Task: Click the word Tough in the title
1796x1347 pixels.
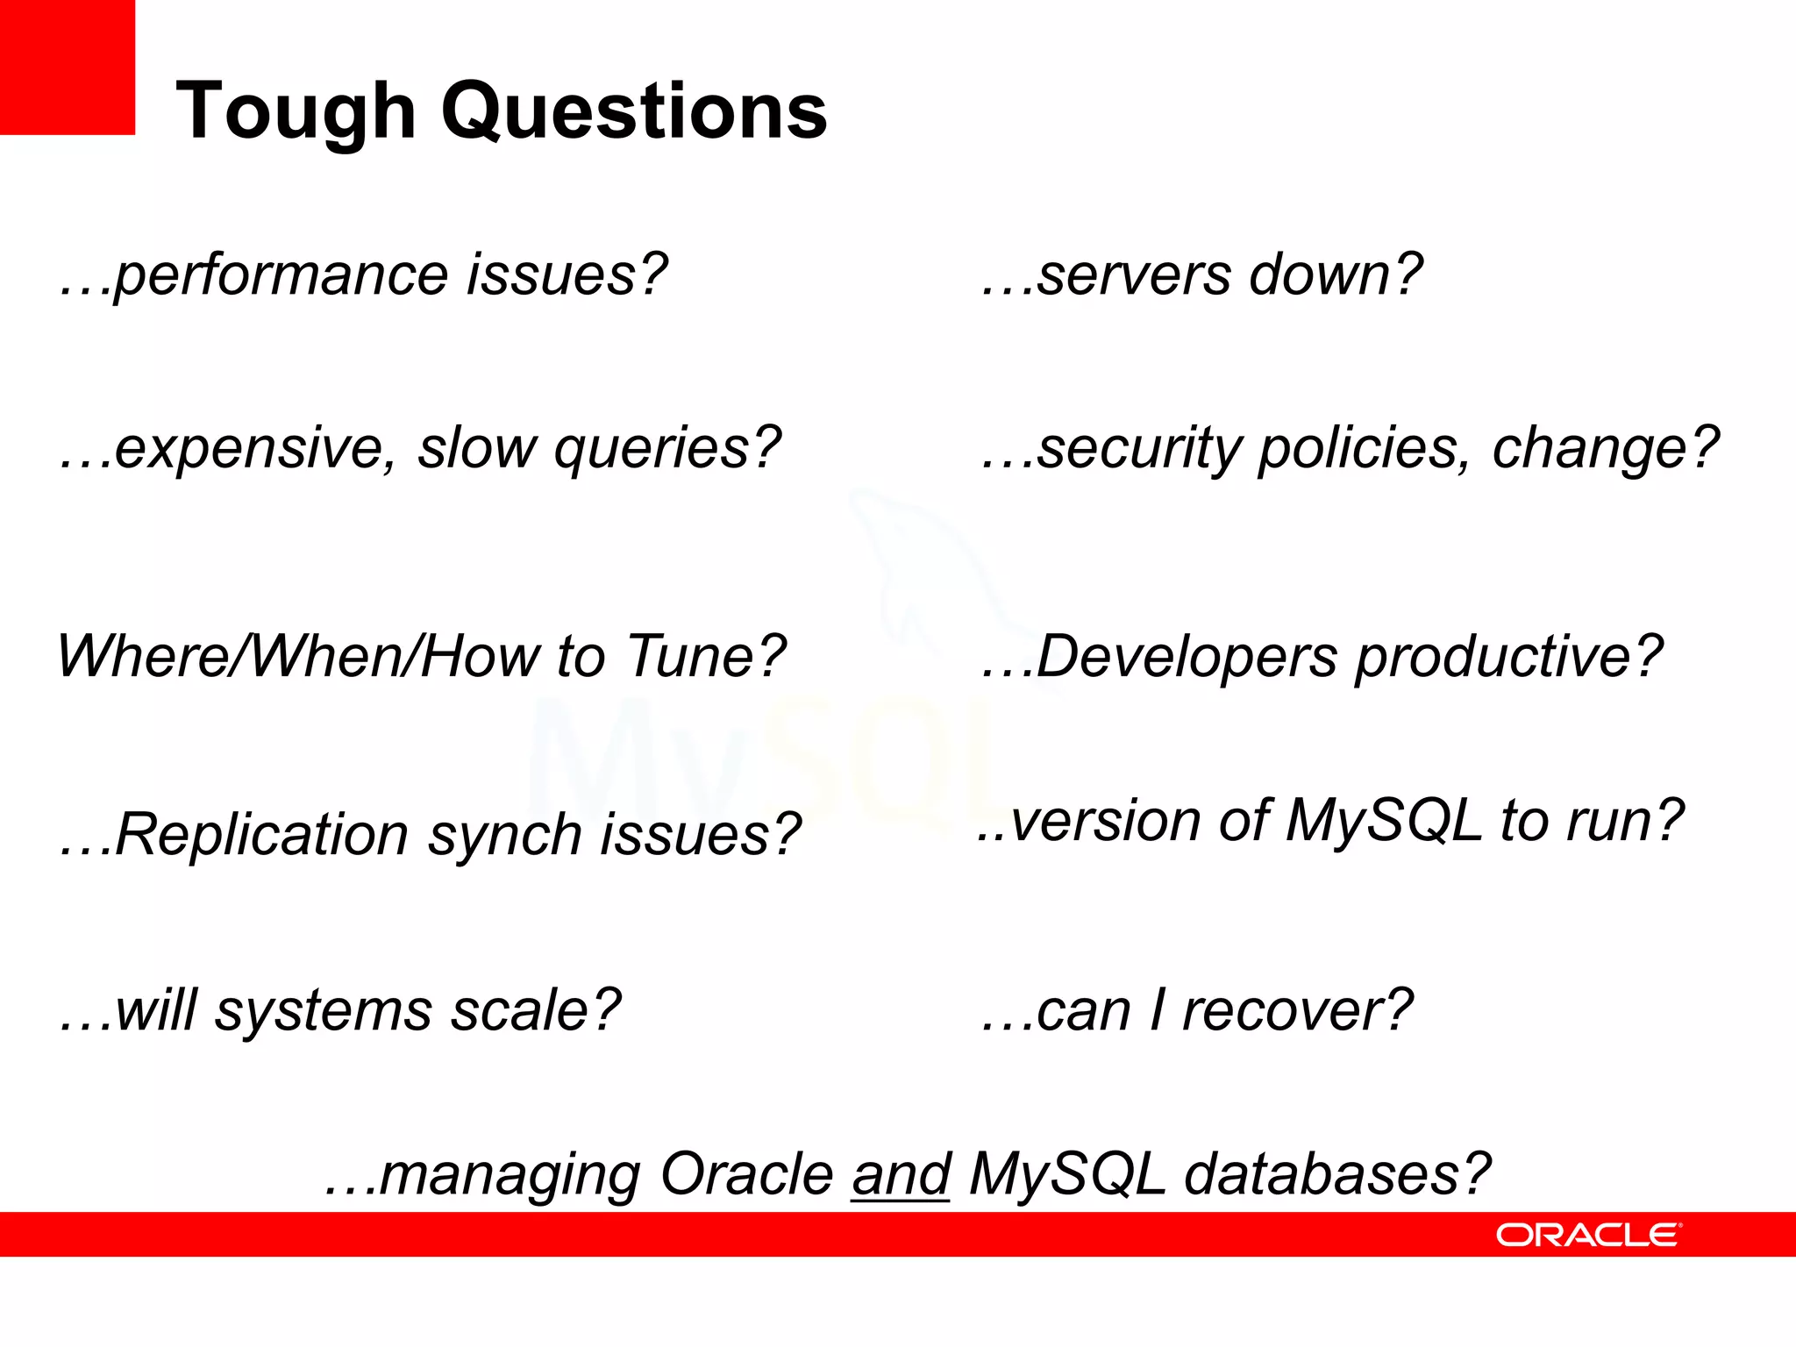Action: pyautogui.click(x=296, y=112)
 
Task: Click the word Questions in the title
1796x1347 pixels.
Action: pyautogui.click(x=633, y=112)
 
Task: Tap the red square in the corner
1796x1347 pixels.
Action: pyautogui.click(x=67, y=67)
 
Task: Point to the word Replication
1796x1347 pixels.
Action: pyautogui.click(x=261, y=834)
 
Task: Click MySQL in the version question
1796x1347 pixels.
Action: pyautogui.click(x=1382, y=822)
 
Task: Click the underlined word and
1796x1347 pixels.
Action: pyautogui.click(x=900, y=1174)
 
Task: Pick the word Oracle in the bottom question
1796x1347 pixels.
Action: pyautogui.click(x=746, y=1174)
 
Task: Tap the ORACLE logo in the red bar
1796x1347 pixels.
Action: pyautogui.click(x=1588, y=1235)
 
